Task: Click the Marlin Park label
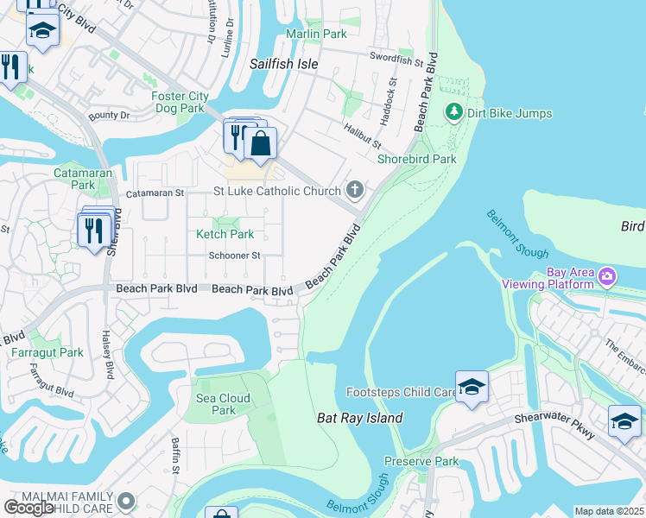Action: click(317, 34)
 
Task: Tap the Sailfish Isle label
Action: click(284, 64)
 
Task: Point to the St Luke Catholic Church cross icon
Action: click(354, 190)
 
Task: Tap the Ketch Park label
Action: click(225, 234)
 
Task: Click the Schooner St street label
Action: click(234, 256)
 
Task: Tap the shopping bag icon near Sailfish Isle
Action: click(260, 144)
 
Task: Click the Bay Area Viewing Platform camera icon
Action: click(607, 276)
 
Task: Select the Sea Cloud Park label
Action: click(223, 404)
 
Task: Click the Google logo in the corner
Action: click(29, 508)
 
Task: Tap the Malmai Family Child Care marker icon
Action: click(127, 501)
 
